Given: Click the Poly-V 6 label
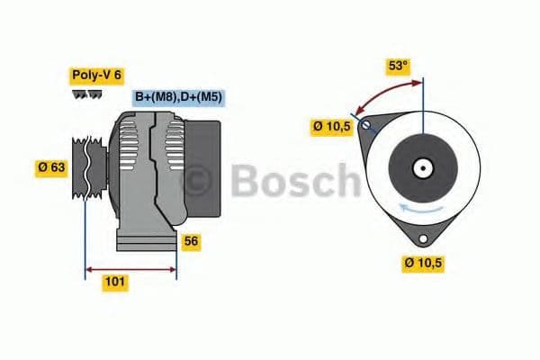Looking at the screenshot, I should (x=96, y=76).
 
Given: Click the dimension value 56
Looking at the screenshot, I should (x=191, y=241).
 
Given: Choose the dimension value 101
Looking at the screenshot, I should (x=114, y=283).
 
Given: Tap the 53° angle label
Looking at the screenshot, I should (x=397, y=66).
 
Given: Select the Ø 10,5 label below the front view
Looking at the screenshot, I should (x=424, y=263).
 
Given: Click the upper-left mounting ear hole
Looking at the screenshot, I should (x=366, y=126).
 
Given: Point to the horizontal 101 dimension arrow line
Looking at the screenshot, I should (x=130, y=268).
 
